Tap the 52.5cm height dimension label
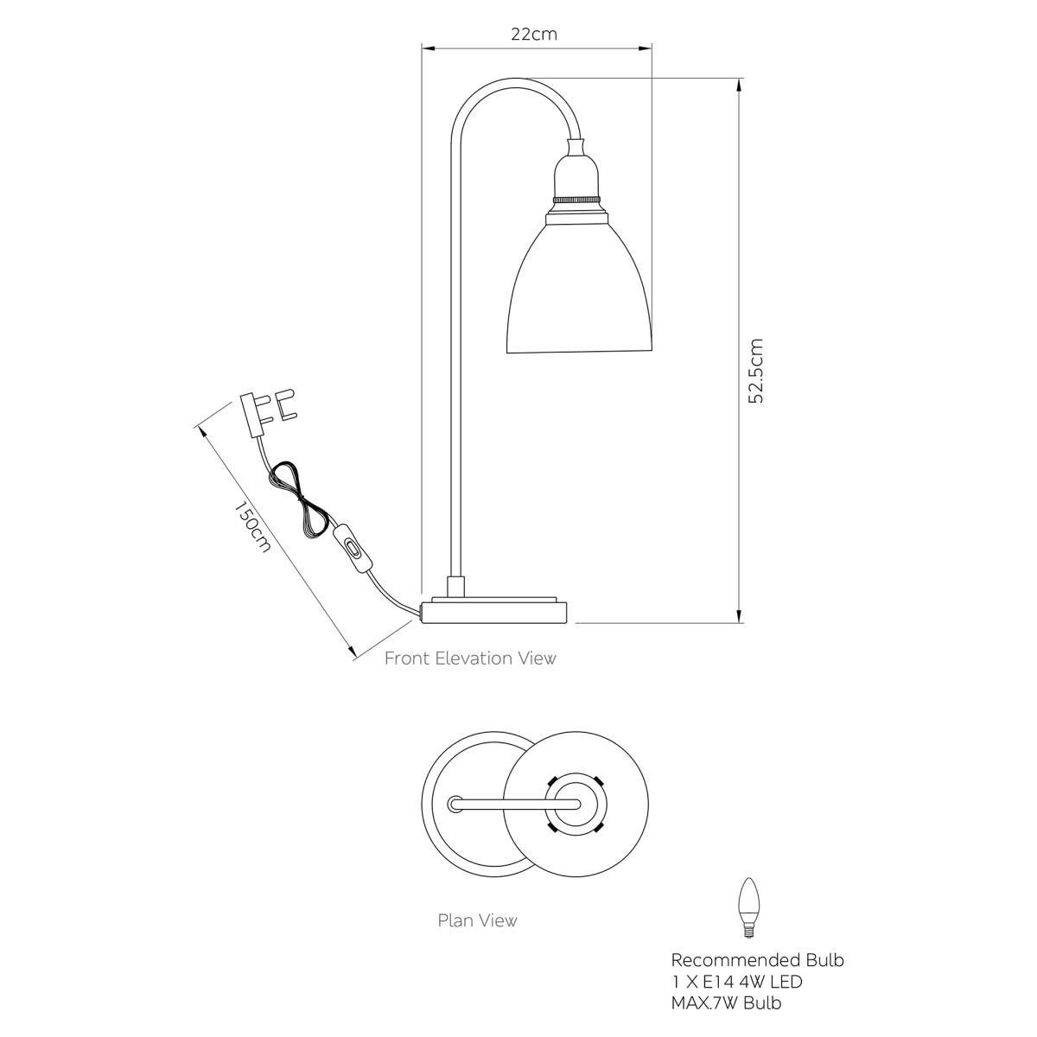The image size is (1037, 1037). [756, 371]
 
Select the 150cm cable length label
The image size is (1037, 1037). [251, 527]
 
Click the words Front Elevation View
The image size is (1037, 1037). [470, 658]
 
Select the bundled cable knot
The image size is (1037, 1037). [300, 499]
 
